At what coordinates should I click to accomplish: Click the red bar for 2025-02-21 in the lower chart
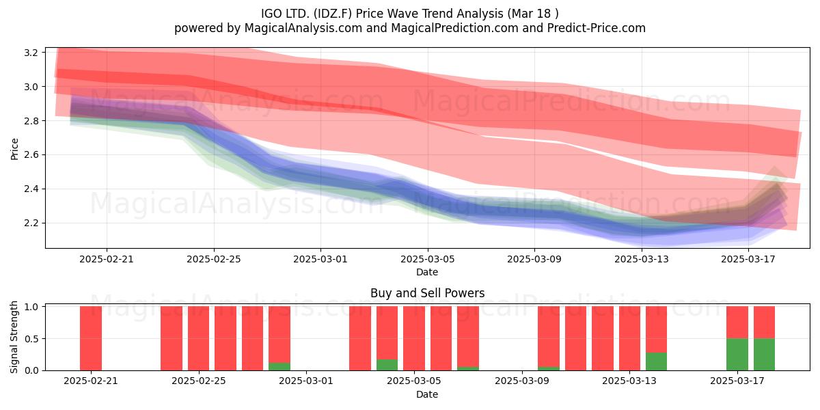91,338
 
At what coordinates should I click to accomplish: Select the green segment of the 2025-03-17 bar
737,355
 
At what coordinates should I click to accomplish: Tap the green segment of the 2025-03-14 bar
657,361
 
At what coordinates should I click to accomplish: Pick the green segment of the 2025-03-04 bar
387,365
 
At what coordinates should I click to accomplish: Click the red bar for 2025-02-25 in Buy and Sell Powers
198,338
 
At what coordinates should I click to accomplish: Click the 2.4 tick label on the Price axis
31,189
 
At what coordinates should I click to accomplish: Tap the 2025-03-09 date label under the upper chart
534,259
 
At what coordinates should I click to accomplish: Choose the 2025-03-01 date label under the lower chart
306,381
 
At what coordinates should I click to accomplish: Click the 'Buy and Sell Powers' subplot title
427,293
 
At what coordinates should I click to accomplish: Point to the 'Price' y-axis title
14,149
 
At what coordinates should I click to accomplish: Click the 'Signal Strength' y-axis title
14,337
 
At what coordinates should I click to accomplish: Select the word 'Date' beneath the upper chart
427,272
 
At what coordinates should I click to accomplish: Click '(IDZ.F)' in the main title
332,14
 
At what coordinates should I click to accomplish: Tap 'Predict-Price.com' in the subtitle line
597,28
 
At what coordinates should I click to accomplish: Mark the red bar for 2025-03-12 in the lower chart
603,338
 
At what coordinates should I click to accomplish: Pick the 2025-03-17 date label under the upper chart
748,259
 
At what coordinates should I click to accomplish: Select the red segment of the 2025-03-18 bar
765,323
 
